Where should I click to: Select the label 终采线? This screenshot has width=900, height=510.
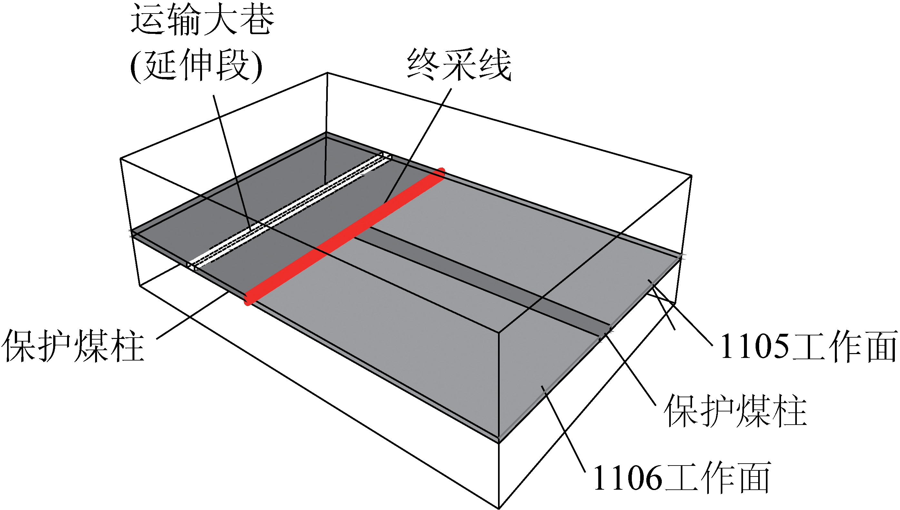coord(459,65)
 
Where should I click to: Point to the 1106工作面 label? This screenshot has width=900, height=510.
coord(682,477)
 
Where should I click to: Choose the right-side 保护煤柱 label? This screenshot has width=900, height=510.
coord(735,411)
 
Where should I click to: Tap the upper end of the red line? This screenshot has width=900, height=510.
coord(441,172)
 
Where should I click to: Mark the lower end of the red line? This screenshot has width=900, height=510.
coord(249,300)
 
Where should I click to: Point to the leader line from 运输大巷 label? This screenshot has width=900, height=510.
coord(231,161)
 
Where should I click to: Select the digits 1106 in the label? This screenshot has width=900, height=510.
coord(627,478)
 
